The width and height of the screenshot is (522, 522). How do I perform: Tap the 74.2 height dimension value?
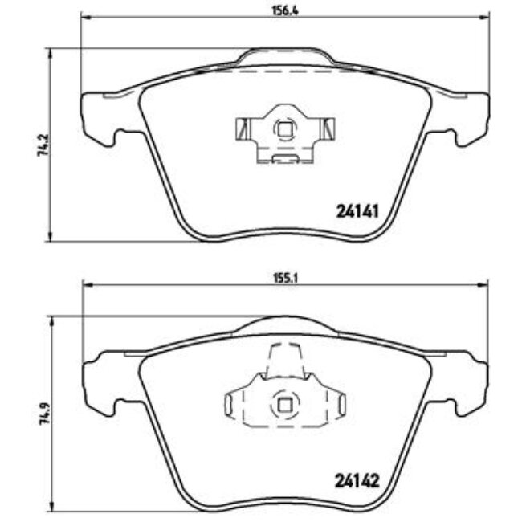[x=40, y=144]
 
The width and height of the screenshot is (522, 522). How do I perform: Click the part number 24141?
[x=355, y=214]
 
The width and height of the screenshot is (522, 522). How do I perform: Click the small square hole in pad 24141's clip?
[x=283, y=128]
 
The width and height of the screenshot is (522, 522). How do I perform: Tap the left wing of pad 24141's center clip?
[x=242, y=128]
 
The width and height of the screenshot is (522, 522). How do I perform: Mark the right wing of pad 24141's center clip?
[x=325, y=128]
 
